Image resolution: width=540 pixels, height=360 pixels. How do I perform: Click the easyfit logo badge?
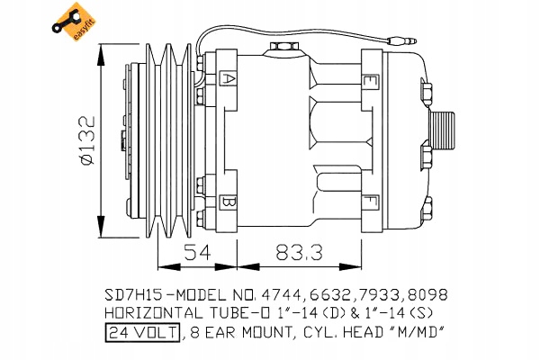[x=74, y=22]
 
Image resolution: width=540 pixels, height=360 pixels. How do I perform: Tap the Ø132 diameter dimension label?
[x=86, y=140]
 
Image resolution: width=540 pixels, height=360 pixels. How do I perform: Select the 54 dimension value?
[x=197, y=252]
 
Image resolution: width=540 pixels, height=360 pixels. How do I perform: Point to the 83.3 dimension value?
[x=300, y=252]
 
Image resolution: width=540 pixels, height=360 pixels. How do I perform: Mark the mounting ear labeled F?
[x=371, y=202]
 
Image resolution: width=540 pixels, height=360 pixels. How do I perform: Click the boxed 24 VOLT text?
[x=142, y=332]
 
